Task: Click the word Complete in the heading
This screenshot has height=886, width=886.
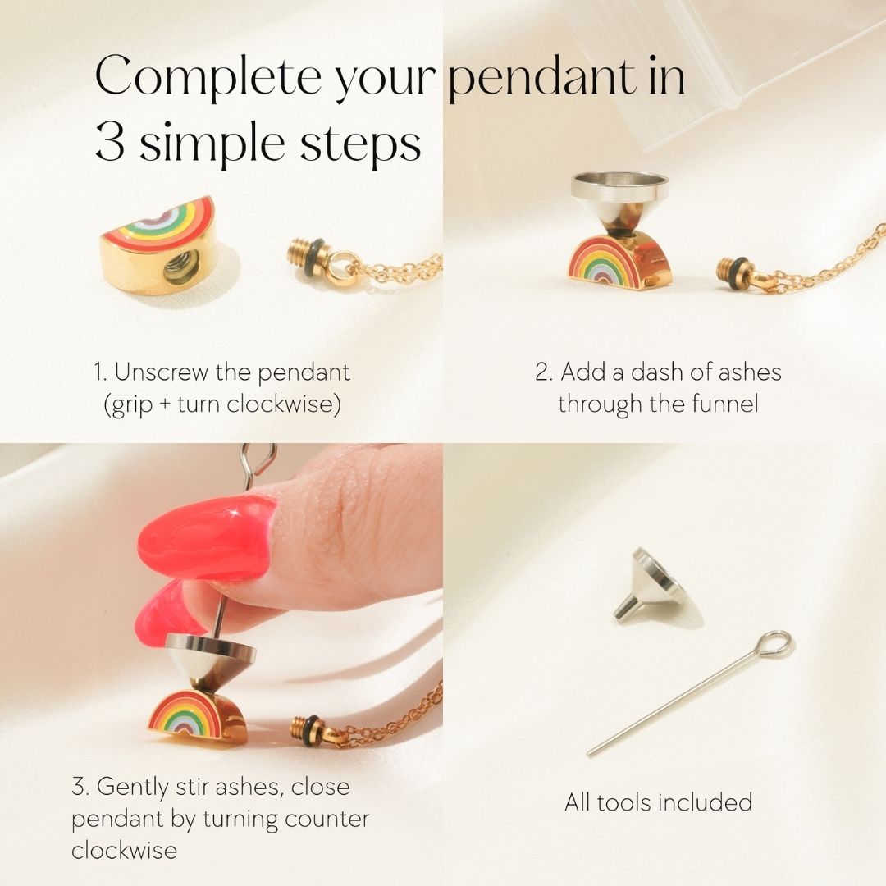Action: click(208, 75)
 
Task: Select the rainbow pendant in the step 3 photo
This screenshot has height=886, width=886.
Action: click(197, 715)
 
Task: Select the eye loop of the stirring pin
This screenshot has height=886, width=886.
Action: click(774, 645)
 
